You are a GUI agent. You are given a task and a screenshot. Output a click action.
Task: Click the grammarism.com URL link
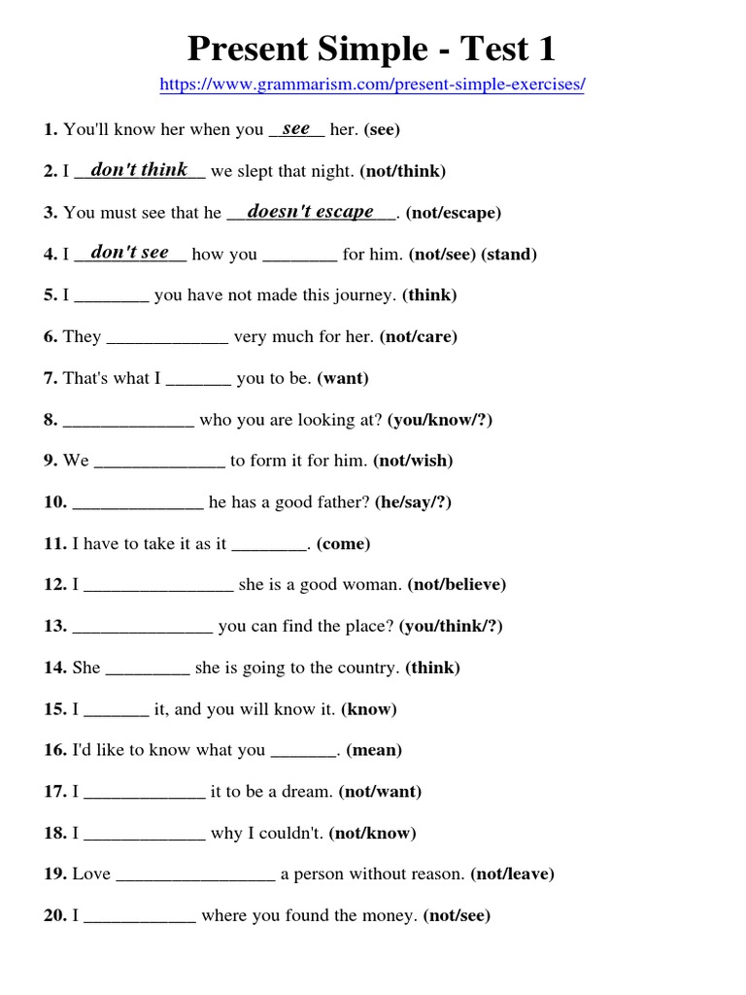tap(372, 85)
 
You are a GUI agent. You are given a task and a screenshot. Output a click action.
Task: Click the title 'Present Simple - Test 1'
tap(372, 48)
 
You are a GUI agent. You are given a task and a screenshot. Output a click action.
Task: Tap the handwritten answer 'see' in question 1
tap(296, 128)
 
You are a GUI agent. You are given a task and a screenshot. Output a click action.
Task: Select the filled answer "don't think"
tap(139, 170)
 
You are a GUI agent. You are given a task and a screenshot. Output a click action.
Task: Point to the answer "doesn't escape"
tap(311, 211)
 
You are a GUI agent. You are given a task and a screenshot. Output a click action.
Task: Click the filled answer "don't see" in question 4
tap(129, 253)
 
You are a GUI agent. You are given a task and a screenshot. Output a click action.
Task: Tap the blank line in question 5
tap(112, 296)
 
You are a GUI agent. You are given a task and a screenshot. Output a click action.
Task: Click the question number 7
tap(50, 379)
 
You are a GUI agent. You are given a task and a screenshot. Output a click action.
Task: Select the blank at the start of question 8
tap(128, 421)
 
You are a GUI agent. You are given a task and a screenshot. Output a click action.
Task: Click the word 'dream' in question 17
tap(305, 792)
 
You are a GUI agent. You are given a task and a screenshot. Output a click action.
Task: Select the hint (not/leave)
tap(512, 875)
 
